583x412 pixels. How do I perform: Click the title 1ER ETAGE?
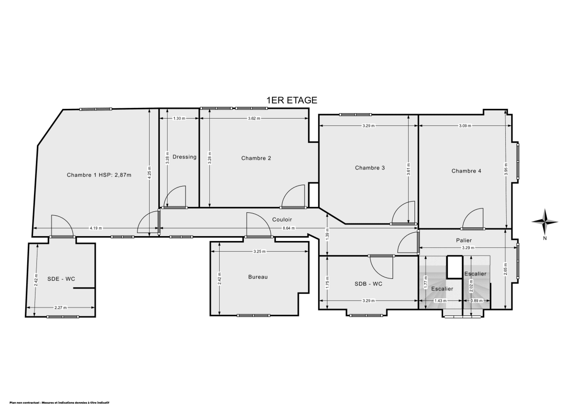(291, 100)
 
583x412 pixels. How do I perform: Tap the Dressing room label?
(184, 157)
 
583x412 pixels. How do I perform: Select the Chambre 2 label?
(256, 158)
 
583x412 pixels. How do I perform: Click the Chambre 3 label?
(370, 168)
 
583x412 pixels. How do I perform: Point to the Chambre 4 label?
(466, 171)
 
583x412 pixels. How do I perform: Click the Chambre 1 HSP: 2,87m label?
(99, 175)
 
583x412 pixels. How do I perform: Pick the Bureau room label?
(258, 277)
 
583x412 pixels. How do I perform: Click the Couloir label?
(282, 220)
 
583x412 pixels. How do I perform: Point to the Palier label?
(463, 240)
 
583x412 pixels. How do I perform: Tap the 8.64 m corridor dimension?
(289, 228)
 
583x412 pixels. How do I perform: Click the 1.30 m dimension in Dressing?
(179, 119)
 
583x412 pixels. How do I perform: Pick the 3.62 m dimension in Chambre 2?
(254, 119)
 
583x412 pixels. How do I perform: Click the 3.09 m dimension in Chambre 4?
(465, 126)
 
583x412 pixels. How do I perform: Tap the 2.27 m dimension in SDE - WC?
(61, 308)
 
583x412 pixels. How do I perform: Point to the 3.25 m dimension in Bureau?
(259, 251)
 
